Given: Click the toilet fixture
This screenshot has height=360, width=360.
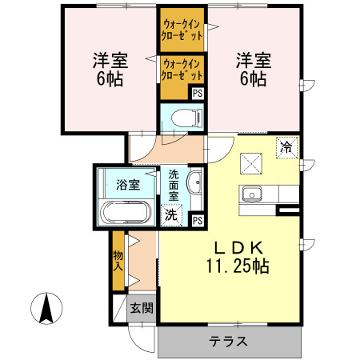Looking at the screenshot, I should click(x=189, y=117).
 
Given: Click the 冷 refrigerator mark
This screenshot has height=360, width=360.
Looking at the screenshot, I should click(x=287, y=146).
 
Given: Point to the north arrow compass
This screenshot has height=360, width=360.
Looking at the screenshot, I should click(x=46, y=309).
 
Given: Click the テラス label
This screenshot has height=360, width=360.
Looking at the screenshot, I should click(x=229, y=342).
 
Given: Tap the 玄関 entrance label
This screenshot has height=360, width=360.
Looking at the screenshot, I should click(x=142, y=308).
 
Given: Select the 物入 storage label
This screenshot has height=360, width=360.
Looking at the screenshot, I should click(x=118, y=261).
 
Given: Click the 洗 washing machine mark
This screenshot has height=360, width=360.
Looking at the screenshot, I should click(x=170, y=214).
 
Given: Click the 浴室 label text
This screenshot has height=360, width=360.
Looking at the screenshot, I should click(x=128, y=185).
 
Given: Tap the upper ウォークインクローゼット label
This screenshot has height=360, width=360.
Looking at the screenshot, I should click(x=182, y=28).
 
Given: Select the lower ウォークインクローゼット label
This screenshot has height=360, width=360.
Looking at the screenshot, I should click(x=182, y=69).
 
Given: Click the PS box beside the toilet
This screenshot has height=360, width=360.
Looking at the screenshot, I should click(x=197, y=93).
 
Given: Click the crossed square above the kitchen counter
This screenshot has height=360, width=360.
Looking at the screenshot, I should click(x=254, y=162).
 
